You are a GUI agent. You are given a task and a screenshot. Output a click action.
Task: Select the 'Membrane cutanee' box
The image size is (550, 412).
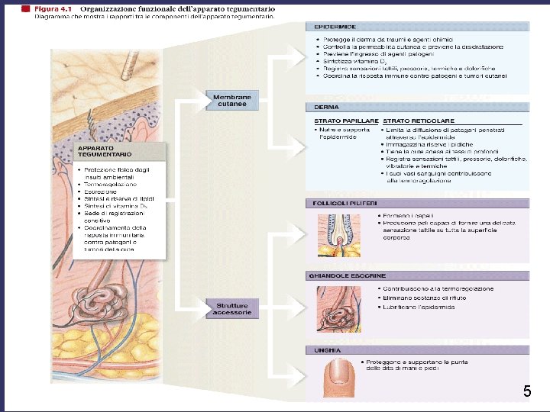click(231, 100)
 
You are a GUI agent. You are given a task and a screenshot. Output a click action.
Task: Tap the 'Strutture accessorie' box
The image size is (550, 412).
click(232, 309)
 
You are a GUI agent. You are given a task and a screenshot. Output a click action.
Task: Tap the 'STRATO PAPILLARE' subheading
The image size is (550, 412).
click(346, 121)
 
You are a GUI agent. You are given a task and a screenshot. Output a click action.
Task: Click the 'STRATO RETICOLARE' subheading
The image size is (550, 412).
click(419, 121)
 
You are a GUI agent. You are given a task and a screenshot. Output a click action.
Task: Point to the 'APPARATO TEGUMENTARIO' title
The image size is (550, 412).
click(95, 151)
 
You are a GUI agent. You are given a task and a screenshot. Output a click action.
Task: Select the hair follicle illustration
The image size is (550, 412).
click(335, 233)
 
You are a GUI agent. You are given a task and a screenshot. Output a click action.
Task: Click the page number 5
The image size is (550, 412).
click(527, 392)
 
